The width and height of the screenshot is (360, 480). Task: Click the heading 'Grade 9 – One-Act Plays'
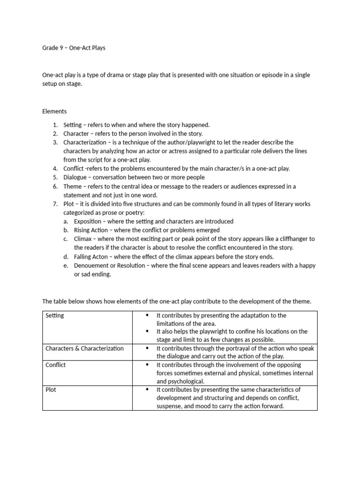point(74,48)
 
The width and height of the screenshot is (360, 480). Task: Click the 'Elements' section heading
point(54,111)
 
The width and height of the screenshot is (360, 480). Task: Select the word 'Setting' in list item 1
point(73,125)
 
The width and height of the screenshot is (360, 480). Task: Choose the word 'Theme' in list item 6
point(73,186)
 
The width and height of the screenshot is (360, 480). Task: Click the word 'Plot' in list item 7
point(69,204)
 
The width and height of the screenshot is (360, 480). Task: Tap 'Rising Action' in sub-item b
point(91,230)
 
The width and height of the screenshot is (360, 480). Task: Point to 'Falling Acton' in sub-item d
point(91,256)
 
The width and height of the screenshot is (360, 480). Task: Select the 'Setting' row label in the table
point(55,315)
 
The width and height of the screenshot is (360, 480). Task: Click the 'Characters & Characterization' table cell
point(84,348)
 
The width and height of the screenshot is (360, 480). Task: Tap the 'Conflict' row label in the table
point(55,365)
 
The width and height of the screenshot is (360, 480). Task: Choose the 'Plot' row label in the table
point(51,390)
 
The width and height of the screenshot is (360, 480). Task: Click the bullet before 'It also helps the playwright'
point(148,331)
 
